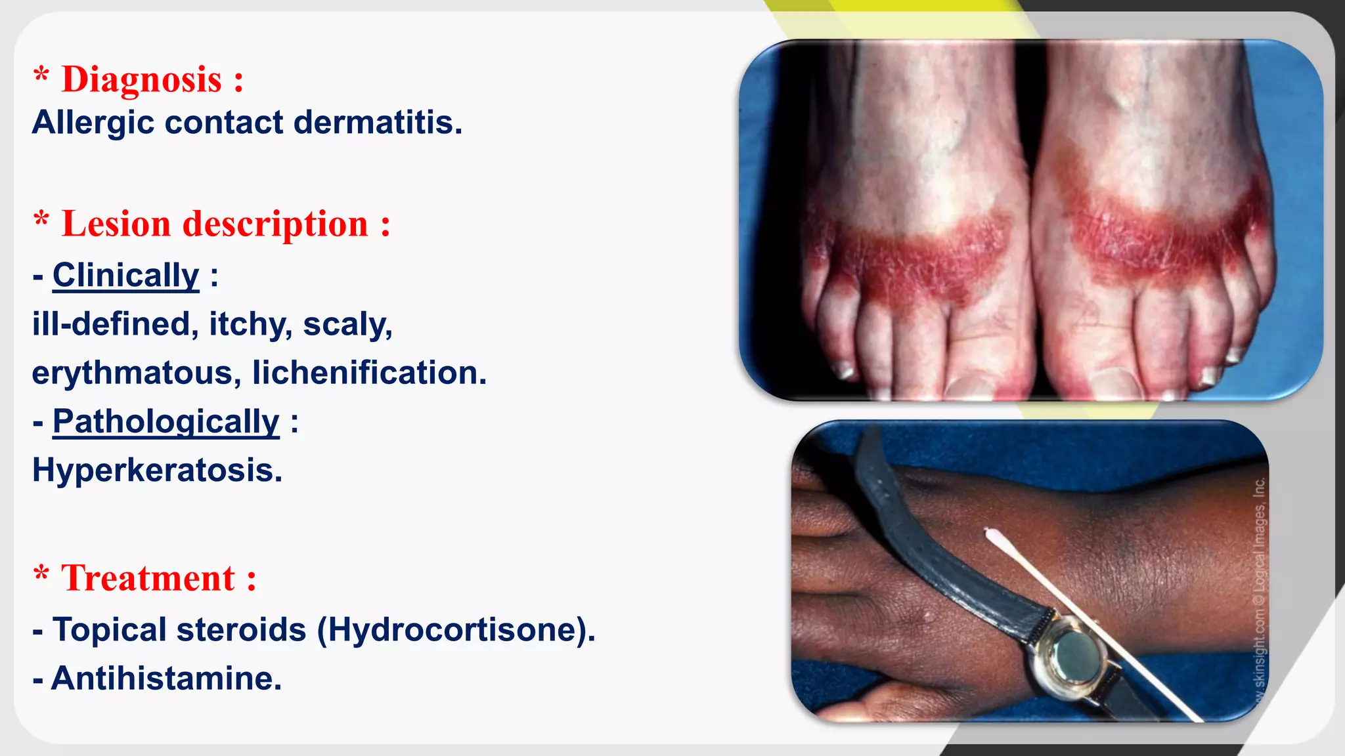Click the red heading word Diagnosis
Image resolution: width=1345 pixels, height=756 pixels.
tap(141, 80)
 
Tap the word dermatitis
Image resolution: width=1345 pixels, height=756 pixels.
tap(378, 123)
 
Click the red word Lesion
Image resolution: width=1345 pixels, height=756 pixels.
tap(116, 224)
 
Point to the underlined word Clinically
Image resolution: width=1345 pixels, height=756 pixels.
tap(125, 275)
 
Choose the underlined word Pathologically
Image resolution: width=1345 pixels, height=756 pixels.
tap(165, 421)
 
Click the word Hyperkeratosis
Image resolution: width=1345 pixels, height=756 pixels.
tap(157, 470)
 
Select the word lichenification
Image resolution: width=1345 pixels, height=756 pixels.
tap(369, 373)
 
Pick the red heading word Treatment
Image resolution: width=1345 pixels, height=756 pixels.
tap(148, 579)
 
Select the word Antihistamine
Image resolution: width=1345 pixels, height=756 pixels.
tap(166, 679)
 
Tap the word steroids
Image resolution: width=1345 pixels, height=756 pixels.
tap(241, 630)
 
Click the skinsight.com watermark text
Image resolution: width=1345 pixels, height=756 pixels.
tap(1258, 630)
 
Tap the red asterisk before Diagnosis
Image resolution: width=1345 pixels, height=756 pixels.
tap(41, 75)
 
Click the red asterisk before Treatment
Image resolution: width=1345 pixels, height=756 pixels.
tap(41, 574)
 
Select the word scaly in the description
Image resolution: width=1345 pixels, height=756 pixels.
tap(347, 324)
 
